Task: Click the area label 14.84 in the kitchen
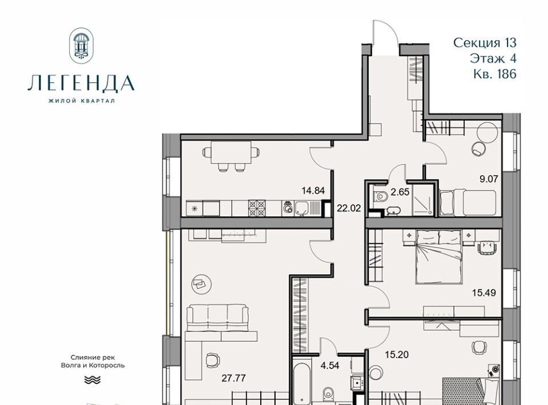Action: [313, 191]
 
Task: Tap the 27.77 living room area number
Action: [234, 378]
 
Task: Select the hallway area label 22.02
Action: [349, 208]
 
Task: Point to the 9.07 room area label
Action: [489, 179]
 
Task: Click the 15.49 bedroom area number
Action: [484, 293]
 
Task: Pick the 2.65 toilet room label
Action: [400, 192]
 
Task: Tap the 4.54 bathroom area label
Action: [331, 366]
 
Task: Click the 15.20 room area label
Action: [397, 355]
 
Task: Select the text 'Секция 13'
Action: [485, 43]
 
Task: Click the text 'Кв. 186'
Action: [495, 74]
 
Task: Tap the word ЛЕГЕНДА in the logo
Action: [81, 83]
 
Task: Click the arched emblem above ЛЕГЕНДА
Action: [82, 46]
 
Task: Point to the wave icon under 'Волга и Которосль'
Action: [92, 380]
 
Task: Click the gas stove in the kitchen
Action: [257, 208]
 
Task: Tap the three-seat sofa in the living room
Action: [217, 317]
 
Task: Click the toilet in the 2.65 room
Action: [380, 197]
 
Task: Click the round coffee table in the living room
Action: [202, 284]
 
